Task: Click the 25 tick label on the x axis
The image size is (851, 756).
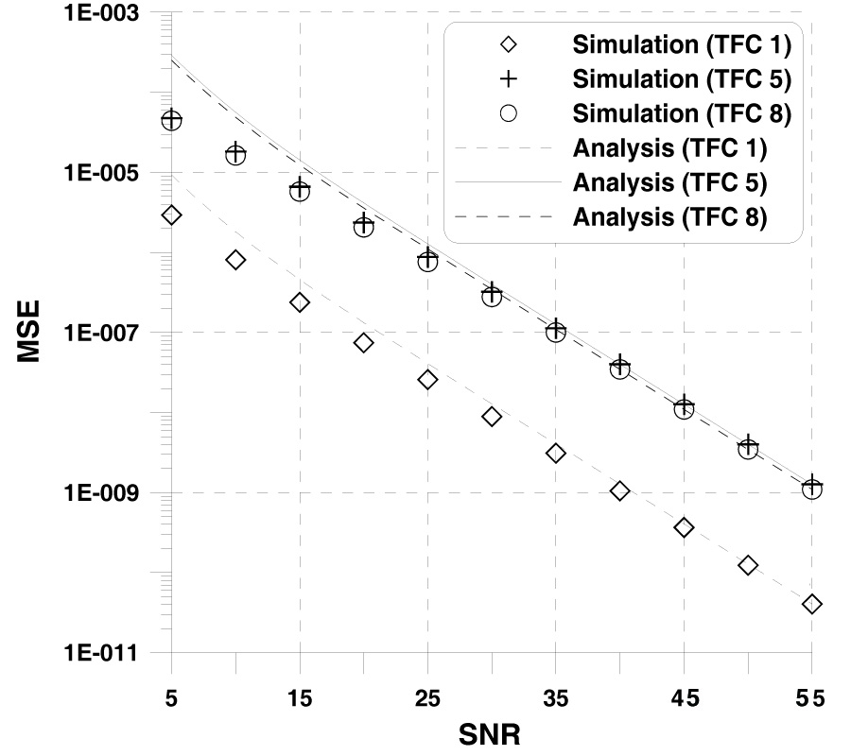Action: [427, 697]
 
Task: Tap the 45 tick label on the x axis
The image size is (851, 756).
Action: [684, 697]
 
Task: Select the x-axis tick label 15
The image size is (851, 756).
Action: [300, 697]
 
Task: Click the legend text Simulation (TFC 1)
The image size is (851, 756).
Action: [681, 44]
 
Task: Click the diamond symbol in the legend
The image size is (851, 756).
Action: [509, 44]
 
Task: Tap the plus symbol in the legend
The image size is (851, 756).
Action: [509, 78]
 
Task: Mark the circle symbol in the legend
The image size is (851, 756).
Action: [509, 113]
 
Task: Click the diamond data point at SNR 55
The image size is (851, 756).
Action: [811, 604]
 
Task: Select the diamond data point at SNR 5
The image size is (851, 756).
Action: [171, 215]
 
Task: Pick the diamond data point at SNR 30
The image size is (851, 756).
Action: [492, 417]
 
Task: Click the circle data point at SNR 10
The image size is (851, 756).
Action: [235, 155]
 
